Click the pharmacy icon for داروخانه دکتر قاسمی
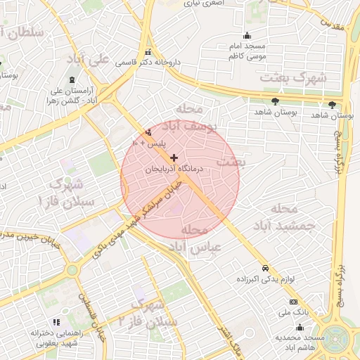tap(148, 52)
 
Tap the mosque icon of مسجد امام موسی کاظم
tap(246, 36)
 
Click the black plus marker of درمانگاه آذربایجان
tap(174, 157)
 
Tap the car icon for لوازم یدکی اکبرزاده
tap(264, 269)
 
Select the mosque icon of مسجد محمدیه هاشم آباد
tap(300, 327)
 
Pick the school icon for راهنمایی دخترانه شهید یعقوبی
tap(56, 322)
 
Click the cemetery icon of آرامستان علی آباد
tap(73, 79)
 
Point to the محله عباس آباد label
tap(197, 239)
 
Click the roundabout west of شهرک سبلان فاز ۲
tap(72, 269)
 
